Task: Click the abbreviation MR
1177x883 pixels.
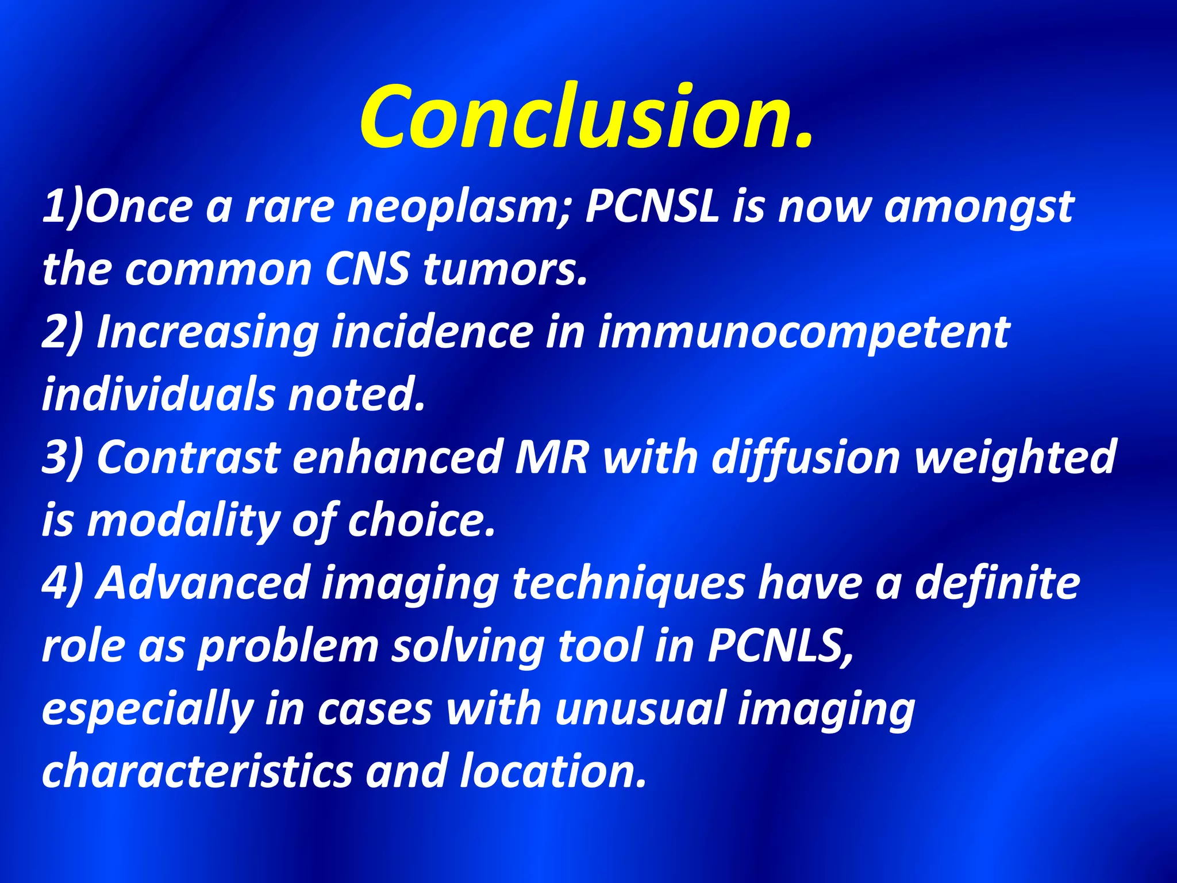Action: click(x=552, y=458)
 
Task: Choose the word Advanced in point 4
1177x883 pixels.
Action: click(x=203, y=583)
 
